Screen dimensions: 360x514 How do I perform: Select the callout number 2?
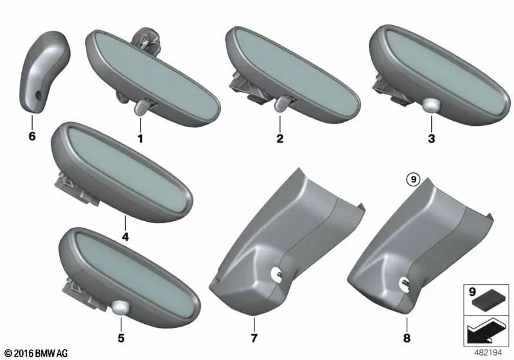pos(279,138)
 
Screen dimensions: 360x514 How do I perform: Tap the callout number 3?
pos(431,138)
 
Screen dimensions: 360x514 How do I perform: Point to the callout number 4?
pos(125,237)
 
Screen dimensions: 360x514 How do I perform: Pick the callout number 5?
pos(122,336)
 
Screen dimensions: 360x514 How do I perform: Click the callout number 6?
pos(32,137)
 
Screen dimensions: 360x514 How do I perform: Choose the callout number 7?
pos(255,337)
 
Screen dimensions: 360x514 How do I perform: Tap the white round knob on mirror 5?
pos(120,308)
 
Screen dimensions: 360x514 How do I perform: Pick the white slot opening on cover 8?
pos(404,280)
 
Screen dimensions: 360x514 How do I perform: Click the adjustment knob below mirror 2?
pos(282,105)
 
